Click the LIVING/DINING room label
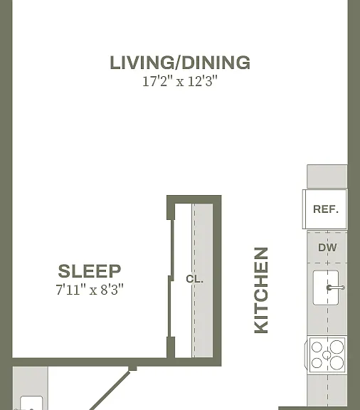click(180, 63)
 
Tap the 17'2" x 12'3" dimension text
click(180, 81)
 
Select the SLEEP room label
click(90, 271)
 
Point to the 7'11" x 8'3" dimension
click(90, 290)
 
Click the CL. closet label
click(194, 279)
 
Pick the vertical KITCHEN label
click(261, 290)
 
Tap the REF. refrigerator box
click(325, 209)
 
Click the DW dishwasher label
click(327, 248)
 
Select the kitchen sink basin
click(326, 288)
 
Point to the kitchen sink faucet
click(336, 288)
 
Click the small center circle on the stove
click(327, 355)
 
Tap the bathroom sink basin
click(31, 403)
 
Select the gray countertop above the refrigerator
click(327, 177)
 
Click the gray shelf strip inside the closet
click(202, 280)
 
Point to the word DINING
click(216, 63)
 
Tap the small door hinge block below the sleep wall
click(132, 368)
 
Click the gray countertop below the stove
click(327, 391)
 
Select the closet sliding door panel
click(171, 278)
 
